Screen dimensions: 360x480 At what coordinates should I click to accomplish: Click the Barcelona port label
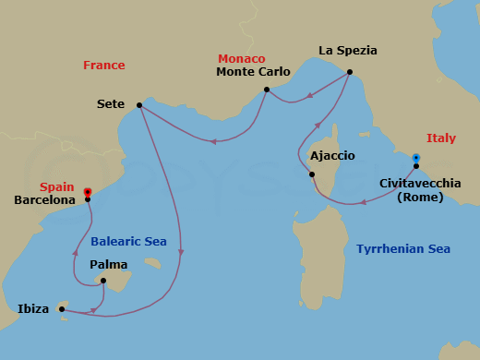(x=44, y=199)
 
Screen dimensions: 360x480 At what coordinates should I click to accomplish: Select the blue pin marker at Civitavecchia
(x=416, y=159)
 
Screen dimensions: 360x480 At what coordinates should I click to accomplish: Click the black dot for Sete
(x=139, y=105)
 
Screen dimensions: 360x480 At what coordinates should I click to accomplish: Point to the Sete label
(x=111, y=105)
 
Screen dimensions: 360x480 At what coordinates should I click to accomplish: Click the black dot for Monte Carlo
(x=266, y=90)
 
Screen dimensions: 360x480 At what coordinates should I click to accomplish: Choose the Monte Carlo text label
(x=253, y=72)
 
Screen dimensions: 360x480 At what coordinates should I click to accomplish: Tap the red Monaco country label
(x=241, y=58)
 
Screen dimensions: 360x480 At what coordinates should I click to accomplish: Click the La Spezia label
(x=348, y=50)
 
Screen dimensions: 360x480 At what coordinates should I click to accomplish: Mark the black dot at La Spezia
(x=350, y=73)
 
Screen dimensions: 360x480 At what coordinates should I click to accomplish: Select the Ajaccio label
(x=332, y=156)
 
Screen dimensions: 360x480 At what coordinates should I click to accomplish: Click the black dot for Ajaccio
(x=313, y=174)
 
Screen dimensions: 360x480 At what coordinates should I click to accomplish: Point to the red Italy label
(x=440, y=138)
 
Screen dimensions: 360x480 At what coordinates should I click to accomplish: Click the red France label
(x=103, y=66)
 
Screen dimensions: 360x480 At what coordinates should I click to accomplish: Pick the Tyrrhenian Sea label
(x=402, y=249)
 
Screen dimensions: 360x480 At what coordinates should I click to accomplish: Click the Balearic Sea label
(x=128, y=242)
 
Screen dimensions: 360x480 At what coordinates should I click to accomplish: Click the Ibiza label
(x=33, y=309)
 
